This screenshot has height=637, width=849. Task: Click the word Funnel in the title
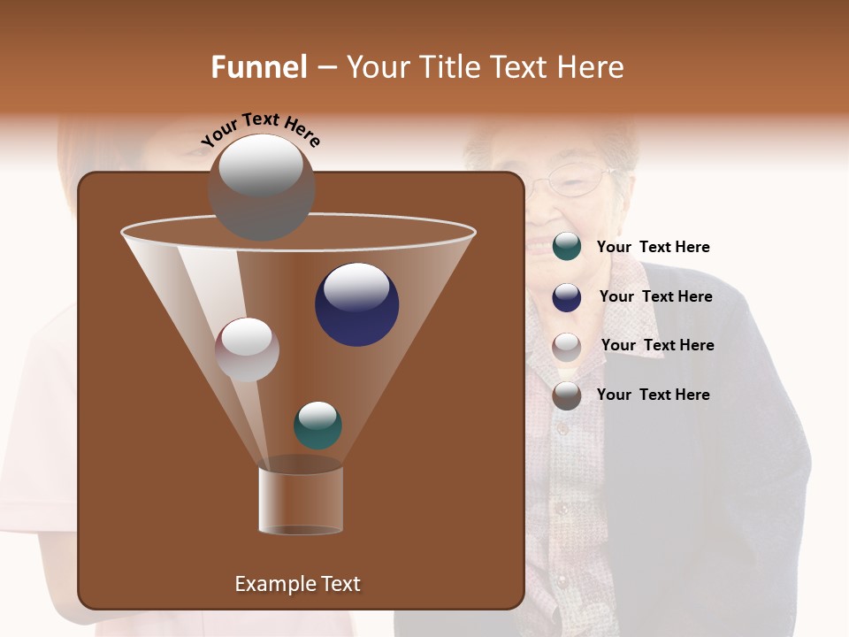(258, 67)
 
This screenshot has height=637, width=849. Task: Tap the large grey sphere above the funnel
(261, 187)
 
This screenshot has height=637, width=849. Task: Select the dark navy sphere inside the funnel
(356, 304)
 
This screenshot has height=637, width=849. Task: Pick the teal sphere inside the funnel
(317, 425)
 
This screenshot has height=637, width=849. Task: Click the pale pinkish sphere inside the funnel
(247, 349)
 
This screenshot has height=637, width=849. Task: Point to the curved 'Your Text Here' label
(261, 129)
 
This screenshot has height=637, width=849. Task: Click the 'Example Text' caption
(297, 584)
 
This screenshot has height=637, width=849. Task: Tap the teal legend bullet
(567, 247)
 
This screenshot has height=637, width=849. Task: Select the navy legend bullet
(567, 297)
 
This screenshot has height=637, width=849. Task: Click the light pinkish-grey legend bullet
(567, 346)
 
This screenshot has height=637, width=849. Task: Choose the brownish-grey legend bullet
(567, 395)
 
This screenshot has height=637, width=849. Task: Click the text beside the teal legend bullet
(653, 247)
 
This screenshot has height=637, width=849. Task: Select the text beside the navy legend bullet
(655, 296)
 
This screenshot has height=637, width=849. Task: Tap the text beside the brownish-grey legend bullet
(653, 395)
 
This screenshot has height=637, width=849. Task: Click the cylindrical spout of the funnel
(300, 501)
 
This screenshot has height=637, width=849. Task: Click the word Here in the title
(593, 67)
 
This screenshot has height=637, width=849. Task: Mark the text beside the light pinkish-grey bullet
(657, 345)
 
